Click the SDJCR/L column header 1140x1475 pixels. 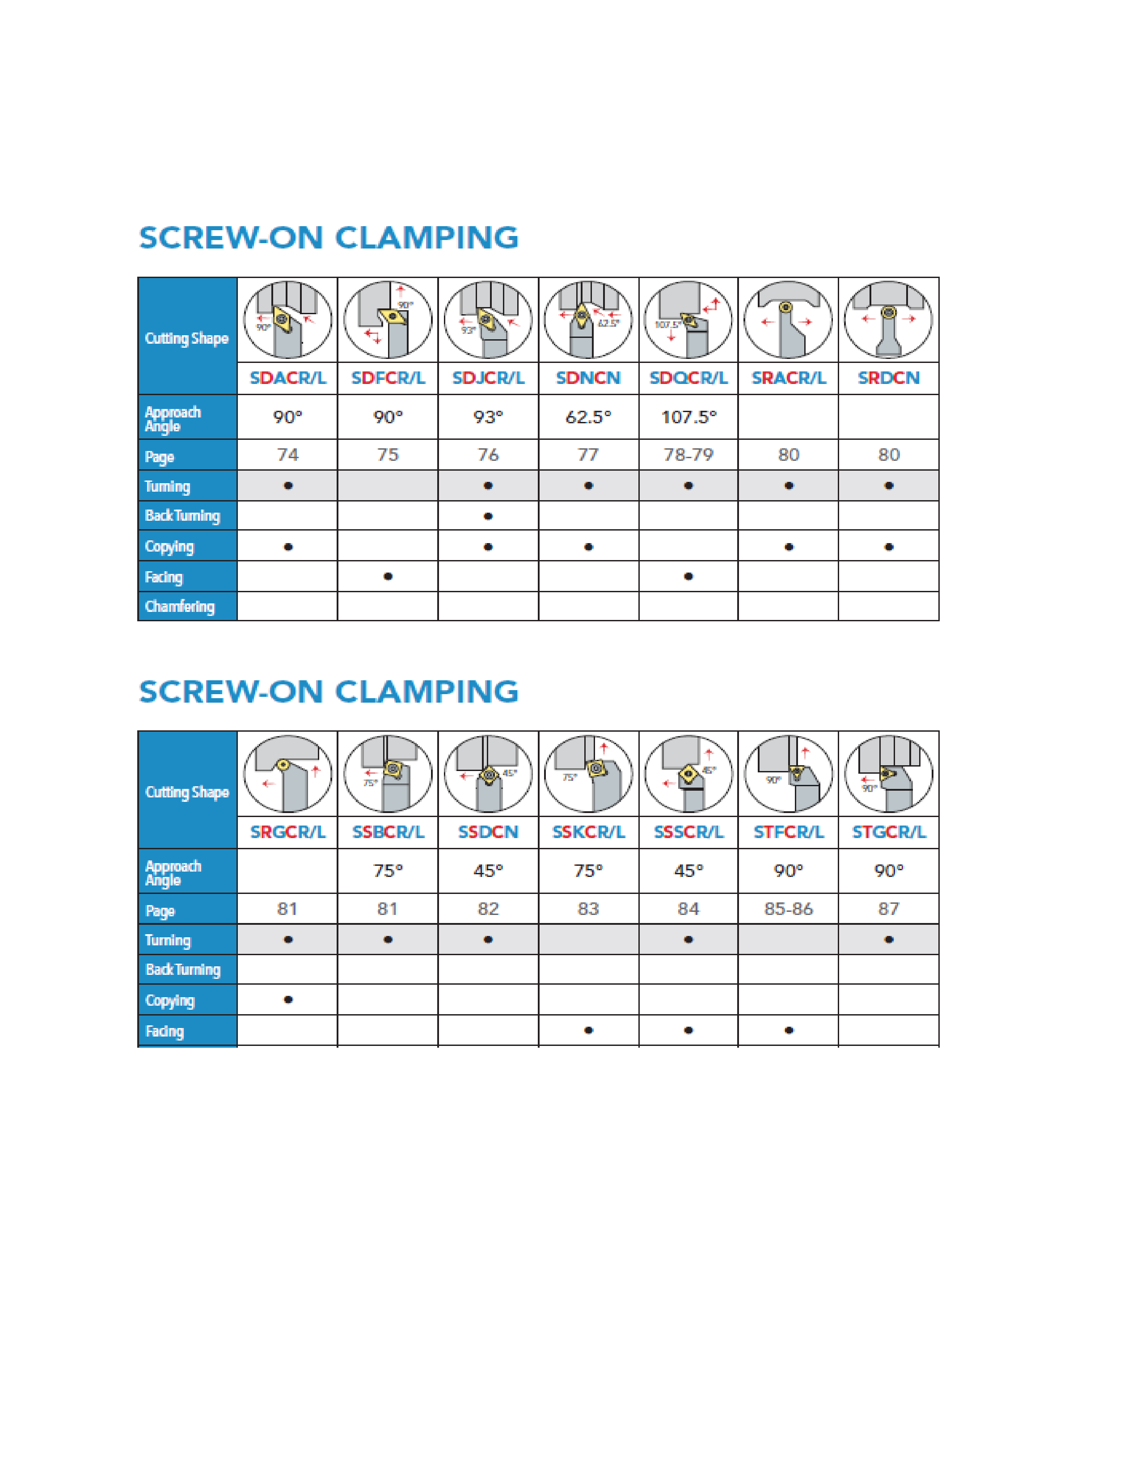click(x=488, y=378)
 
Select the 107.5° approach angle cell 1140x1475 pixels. click(x=688, y=417)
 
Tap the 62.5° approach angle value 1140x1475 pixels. click(x=588, y=417)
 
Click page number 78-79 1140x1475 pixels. click(x=688, y=455)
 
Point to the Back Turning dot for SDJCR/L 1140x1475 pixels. click(x=488, y=516)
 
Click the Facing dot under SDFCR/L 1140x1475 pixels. click(x=388, y=576)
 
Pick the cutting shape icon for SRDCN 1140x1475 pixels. click(x=888, y=320)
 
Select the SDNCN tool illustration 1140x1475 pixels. click(x=588, y=320)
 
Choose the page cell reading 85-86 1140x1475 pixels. click(x=788, y=909)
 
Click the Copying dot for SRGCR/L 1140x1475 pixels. click(x=288, y=999)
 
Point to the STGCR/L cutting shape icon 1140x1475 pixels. click(x=888, y=773)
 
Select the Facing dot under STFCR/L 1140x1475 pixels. click(x=788, y=1030)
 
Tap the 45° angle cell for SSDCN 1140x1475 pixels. click(x=488, y=871)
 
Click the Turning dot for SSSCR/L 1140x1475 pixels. click(x=688, y=940)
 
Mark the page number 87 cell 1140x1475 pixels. click(x=888, y=909)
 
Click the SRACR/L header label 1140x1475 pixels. click(x=788, y=378)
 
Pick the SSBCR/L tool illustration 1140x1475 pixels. click(x=388, y=773)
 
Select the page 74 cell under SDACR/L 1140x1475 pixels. click(x=288, y=455)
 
